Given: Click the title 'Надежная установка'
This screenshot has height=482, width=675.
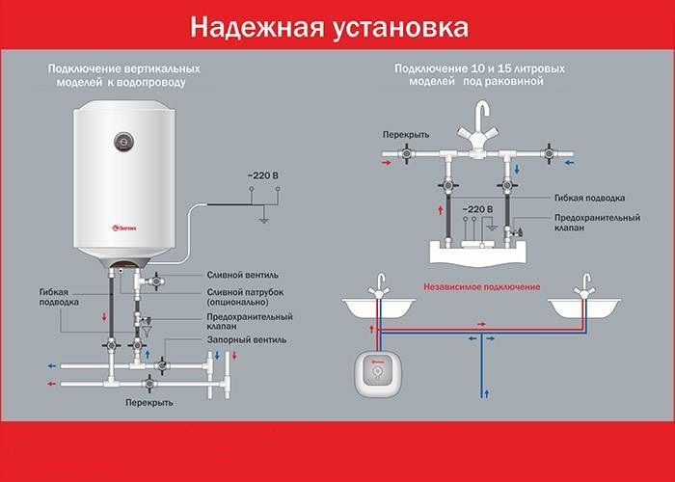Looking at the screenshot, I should point(329,27).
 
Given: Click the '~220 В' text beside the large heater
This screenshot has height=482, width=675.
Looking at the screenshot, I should point(263,174).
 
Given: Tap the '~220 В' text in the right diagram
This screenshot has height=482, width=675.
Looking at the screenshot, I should point(477,207).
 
